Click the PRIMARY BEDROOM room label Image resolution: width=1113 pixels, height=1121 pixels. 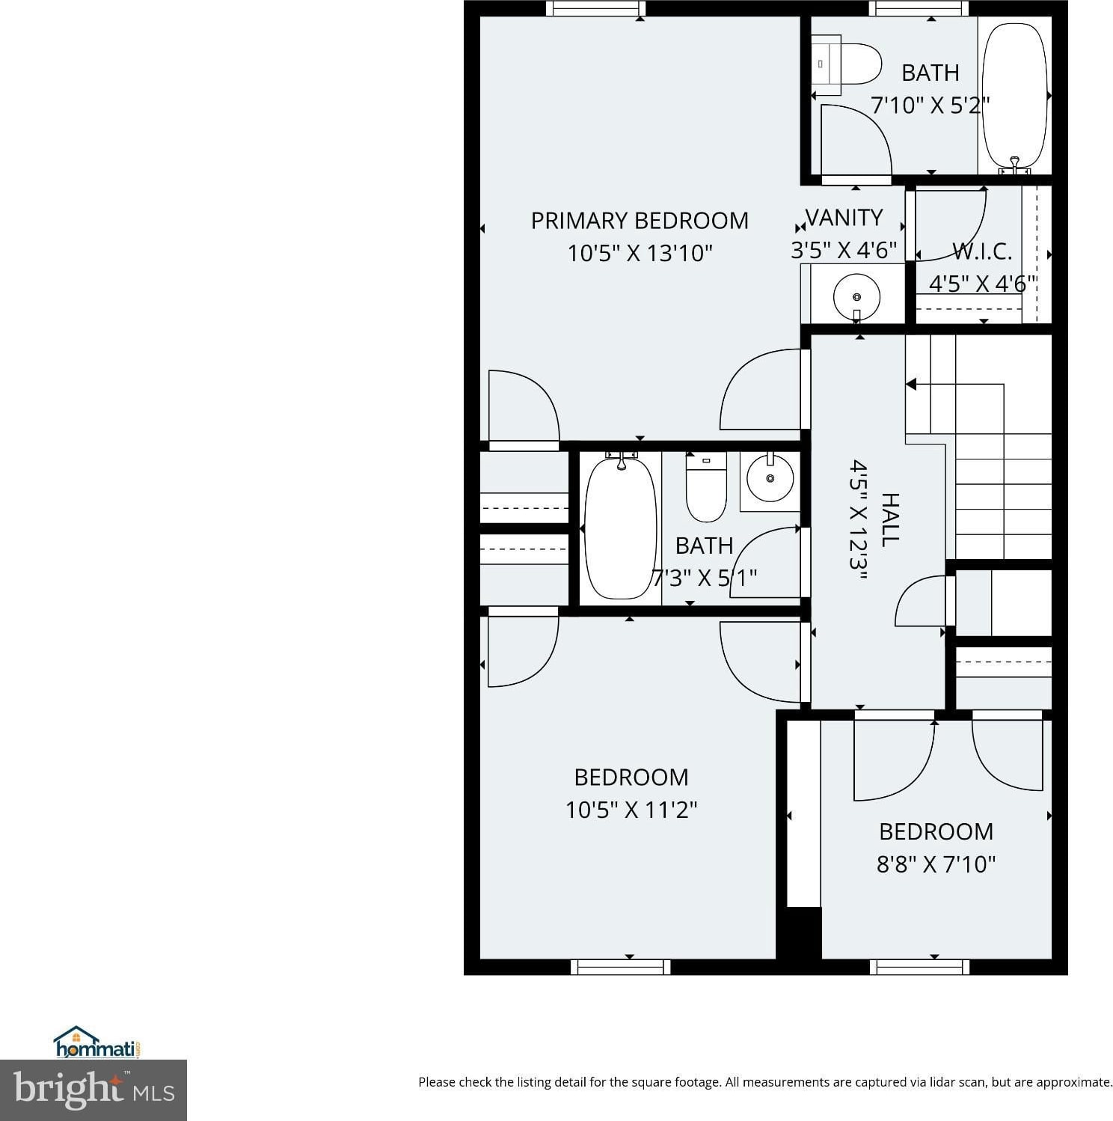point(640,221)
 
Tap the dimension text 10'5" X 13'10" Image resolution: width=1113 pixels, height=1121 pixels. point(640,253)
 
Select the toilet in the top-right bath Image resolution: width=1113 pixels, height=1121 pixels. point(847,64)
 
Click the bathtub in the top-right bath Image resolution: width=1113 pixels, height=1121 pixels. point(1015,97)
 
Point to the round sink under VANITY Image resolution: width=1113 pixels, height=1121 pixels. point(856,296)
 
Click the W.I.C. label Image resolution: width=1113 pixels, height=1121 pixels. point(982,251)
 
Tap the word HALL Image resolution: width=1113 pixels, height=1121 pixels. point(889,519)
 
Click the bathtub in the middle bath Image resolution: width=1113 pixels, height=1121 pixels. point(620,528)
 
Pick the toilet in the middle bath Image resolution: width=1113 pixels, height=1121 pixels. point(706,486)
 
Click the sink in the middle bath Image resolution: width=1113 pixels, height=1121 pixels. point(770,477)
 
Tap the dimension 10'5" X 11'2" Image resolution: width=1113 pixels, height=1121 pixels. point(631,810)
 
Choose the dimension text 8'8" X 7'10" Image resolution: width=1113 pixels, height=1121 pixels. point(936,864)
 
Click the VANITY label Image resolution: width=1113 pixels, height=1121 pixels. point(844,218)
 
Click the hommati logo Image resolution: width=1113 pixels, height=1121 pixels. point(97,1042)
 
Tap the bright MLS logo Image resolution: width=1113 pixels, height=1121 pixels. point(93,1090)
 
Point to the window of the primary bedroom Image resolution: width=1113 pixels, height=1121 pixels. point(595,8)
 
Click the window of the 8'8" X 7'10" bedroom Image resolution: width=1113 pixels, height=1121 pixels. point(920,967)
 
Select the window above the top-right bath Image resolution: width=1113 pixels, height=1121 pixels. point(919,8)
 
